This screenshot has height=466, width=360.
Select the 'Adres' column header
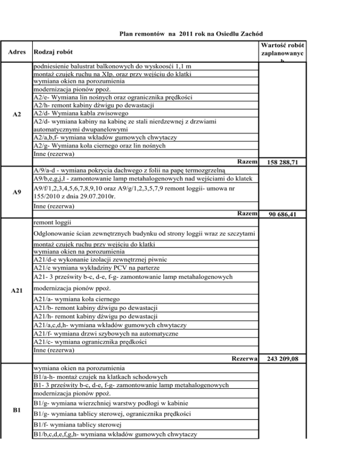coord(15,51)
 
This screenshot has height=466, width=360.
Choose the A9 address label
coord(16,191)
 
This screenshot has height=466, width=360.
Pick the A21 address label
coord(16,291)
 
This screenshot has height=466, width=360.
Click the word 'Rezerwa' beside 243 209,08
coord(245,359)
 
